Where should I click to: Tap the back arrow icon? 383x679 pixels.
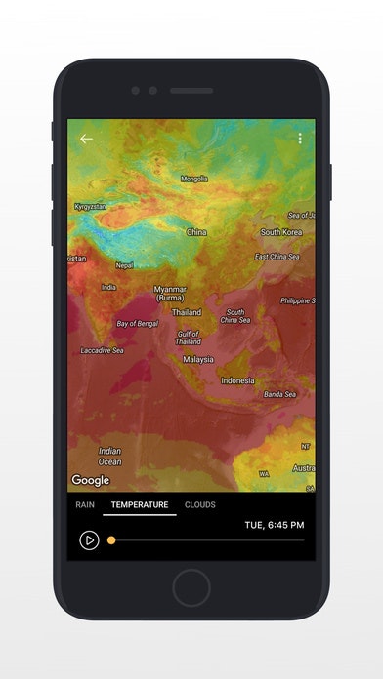pyautogui.click(x=86, y=139)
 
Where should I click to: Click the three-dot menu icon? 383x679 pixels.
pyautogui.click(x=300, y=139)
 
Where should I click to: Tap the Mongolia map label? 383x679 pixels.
pyautogui.click(x=194, y=179)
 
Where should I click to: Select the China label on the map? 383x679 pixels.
pyautogui.click(x=196, y=232)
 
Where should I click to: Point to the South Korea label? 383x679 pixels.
pyautogui.click(x=281, y=232)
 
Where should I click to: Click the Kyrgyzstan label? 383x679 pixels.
pyautogui.click(x=91, y=206)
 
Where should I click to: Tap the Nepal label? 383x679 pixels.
pyautogui.click(x=124, y=264)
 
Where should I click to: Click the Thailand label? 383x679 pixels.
pyautogui.click(x=187, y=312)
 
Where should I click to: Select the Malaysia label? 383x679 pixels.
pyautogui.click(x=197, y=359)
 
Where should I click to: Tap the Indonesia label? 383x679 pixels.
pyautogui.click(x=237, y=380)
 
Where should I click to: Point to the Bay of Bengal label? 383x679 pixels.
pyautogui.click(x=137, y=323)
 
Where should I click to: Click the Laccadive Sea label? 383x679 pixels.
pyautogui.click(x=102, y=350)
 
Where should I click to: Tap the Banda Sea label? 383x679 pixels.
pyautogui.click(x=278, y=394)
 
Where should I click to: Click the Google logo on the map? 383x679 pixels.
pyautogui.click(x=90, y=480)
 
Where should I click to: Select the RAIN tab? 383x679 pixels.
pyautogui.click(x=86, y=504)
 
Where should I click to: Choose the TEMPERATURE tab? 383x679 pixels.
pyautogui.click(x=140, y=504)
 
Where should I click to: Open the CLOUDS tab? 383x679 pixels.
pyautogui.click(x=200, y=504)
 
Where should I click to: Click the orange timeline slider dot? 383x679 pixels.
pyautogui.click(x=111, y=539)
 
